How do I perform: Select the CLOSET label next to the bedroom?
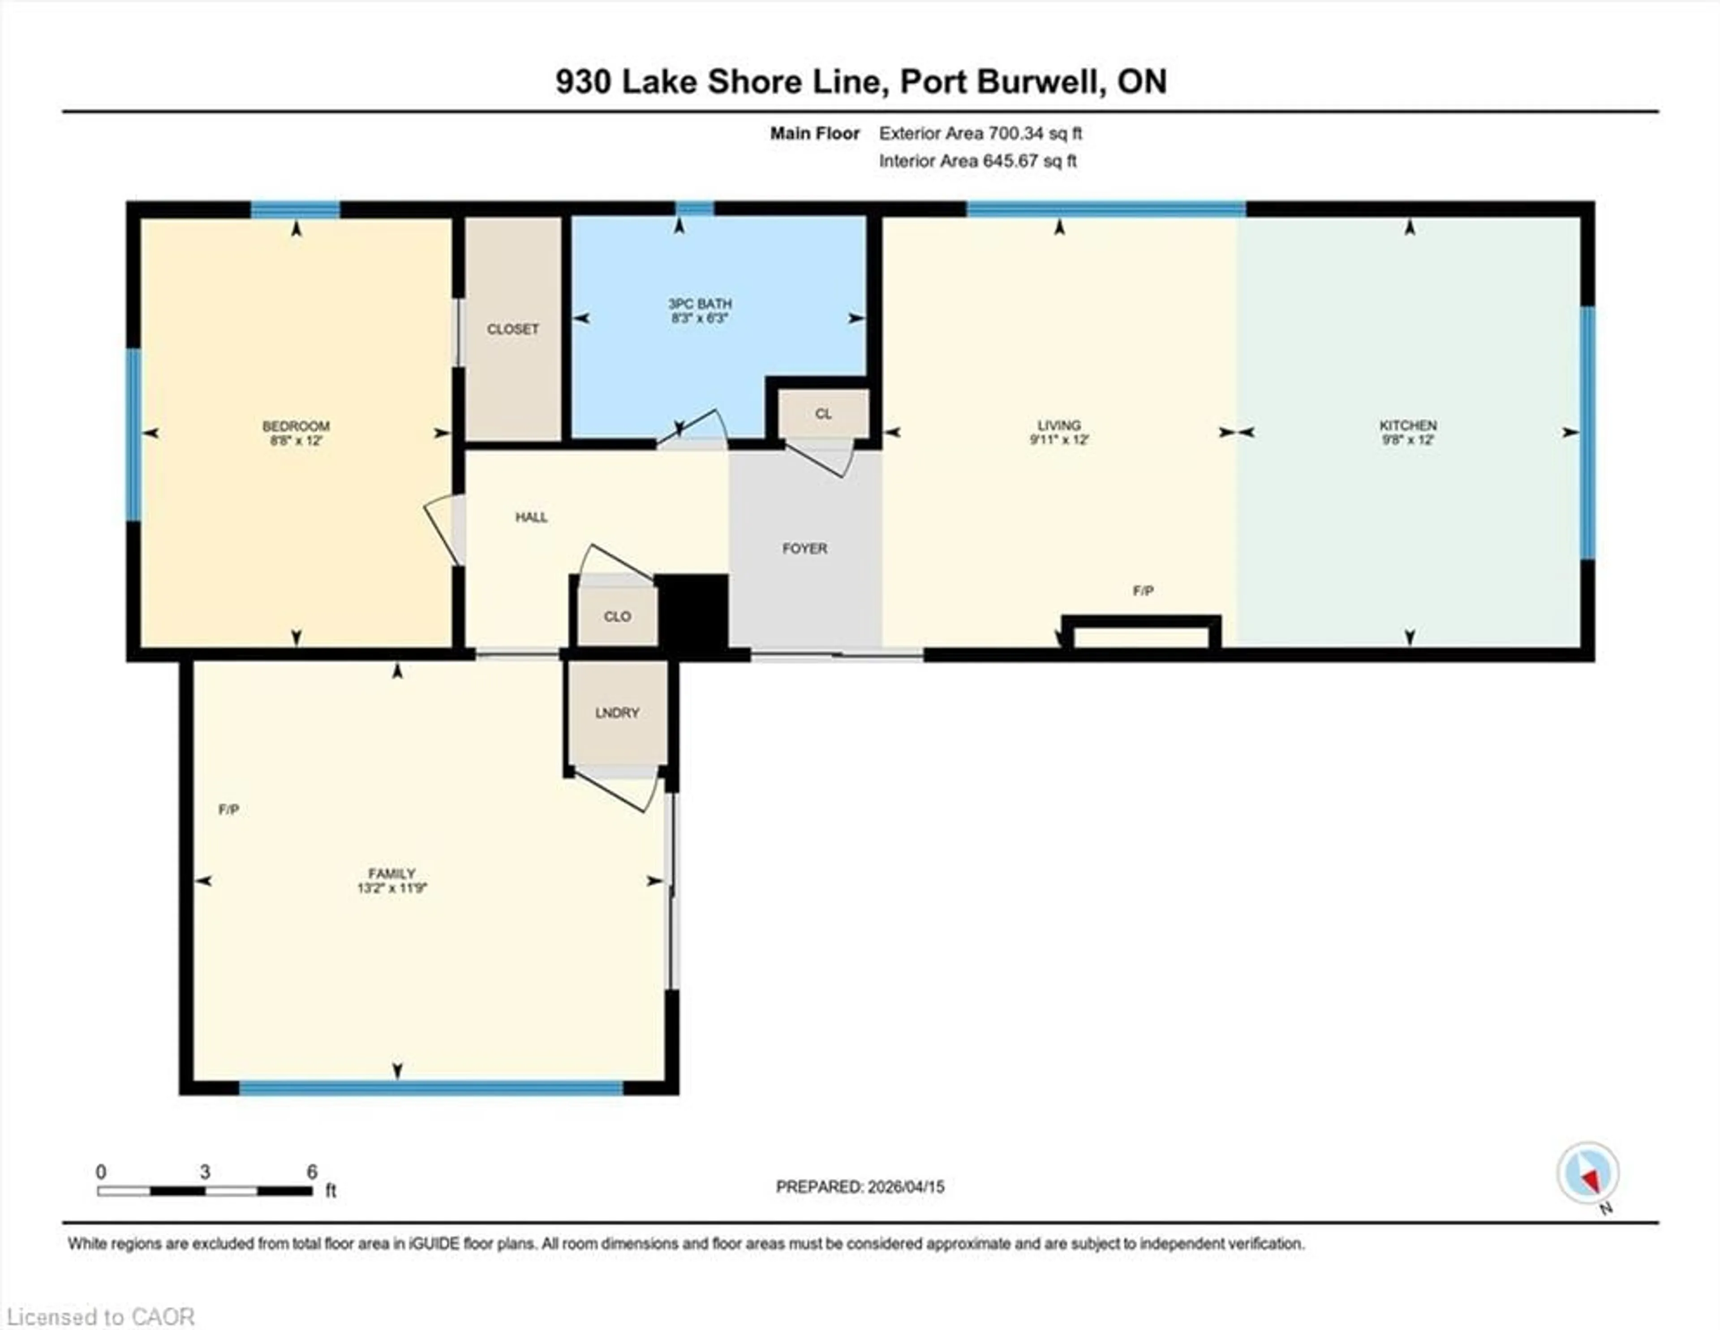(513, 329)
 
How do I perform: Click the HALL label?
(531, 517)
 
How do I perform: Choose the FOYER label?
(804, 548)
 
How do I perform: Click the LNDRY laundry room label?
(617, 712)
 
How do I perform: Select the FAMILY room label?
(391, 873)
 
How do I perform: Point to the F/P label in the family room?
(228, 810)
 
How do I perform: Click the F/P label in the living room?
(1143, 591)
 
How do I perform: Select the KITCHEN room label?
(1407, 425)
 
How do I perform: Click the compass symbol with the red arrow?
(1588, 1173)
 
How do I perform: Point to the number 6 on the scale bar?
(312, 1172)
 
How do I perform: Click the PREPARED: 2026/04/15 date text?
(860, 1187)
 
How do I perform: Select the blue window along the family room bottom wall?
(431, 1088)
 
